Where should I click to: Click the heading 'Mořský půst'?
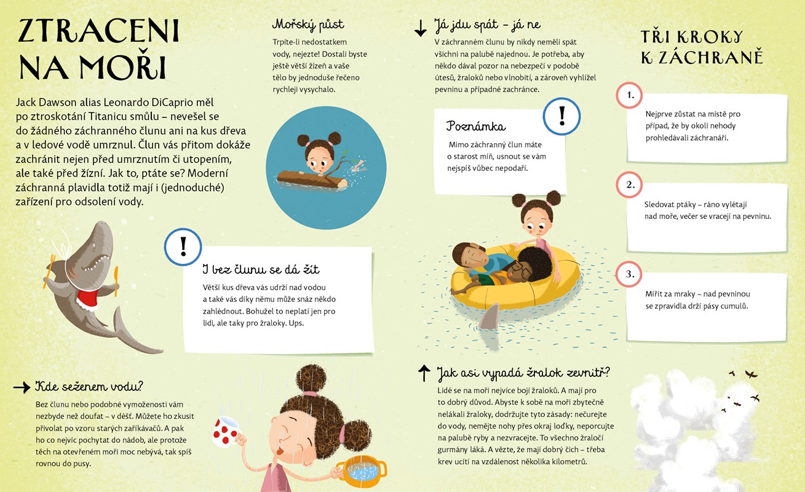pyautogui.click(x=308, y=25)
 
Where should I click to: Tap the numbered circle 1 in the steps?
pyautogui.click(x=629, y=95)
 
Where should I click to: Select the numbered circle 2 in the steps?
pyautogui.click(x=629, y=184)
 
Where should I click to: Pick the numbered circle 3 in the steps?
pyautogui.click(x=629, y=274)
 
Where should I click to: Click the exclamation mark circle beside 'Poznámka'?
pyautogui.click(x=561, y=116)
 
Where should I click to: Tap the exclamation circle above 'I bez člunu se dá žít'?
pyautogui.click(x=183, y=247)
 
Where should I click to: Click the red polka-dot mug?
pyautogui.click(x=226, y=432)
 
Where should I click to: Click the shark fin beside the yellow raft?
pyautogui.click(x=490, y=317)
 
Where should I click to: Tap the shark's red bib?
pyautogui.click(x=88, y=299)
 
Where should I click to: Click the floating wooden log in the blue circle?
pyautogui.click(x=312, y=180)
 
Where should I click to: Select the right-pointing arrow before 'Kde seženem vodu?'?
pyautogui.click(x=22, y=387)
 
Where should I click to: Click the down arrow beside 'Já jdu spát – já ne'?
pyautogui.click(x=421, y=28)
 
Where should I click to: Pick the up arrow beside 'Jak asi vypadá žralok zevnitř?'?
pyautogui.click(x=424, y=373)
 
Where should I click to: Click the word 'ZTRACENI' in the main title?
pyautogui.click(x=99, y=31)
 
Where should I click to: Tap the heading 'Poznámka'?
pyautogui.click(x=476, y=126)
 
